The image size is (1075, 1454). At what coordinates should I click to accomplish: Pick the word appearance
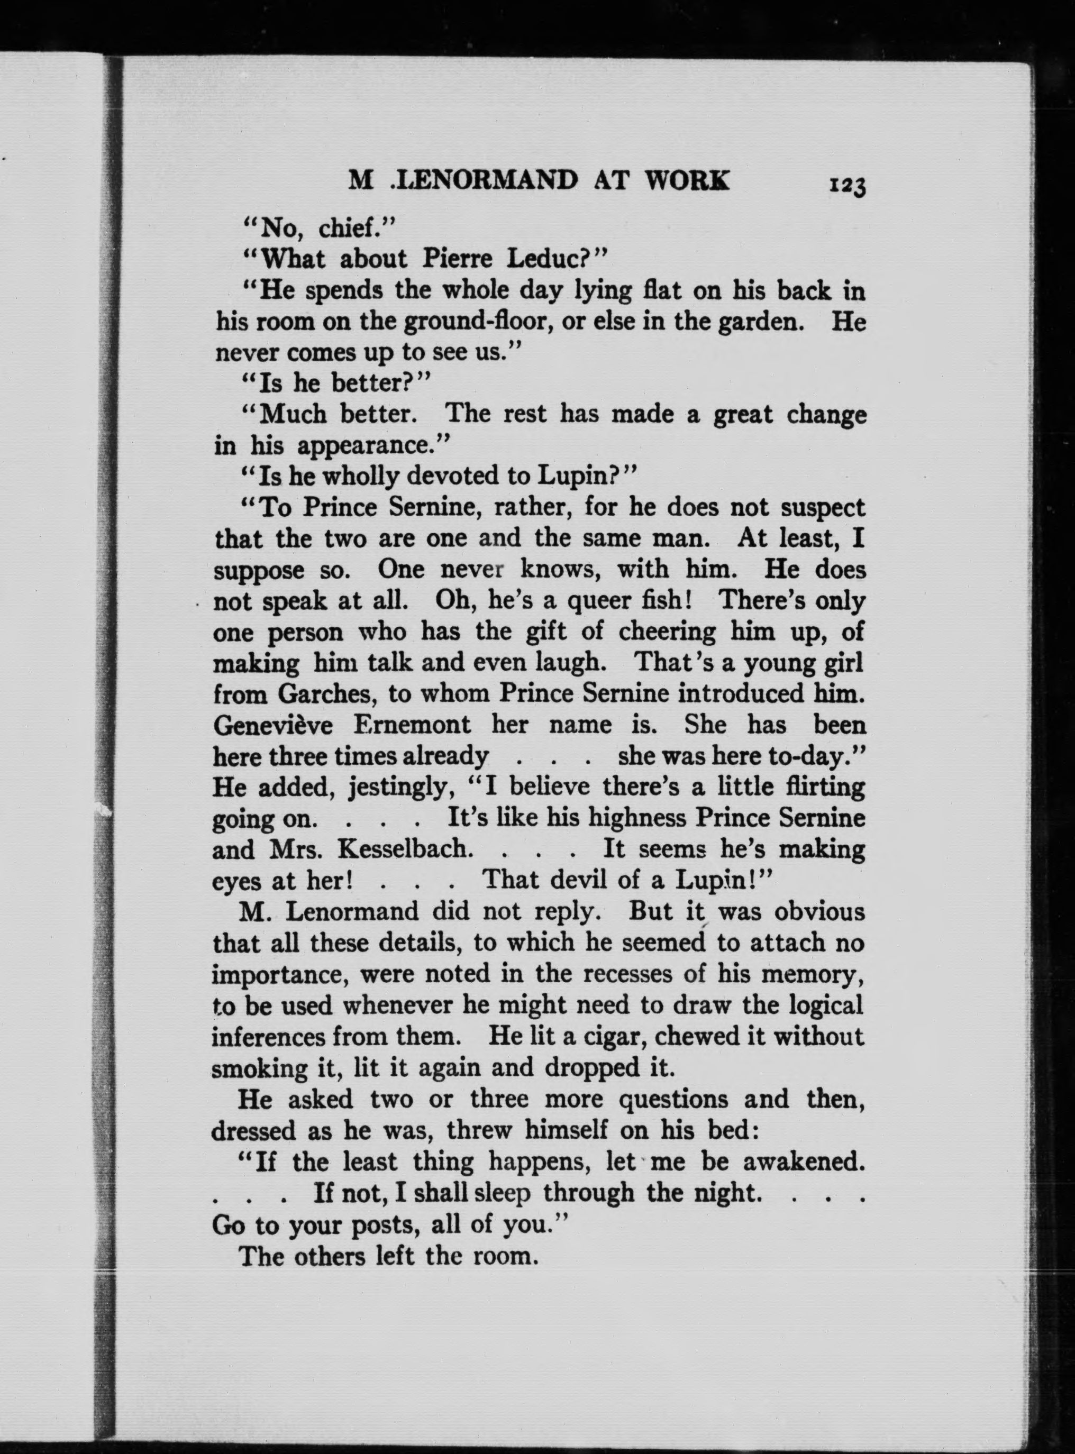point(371,446)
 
